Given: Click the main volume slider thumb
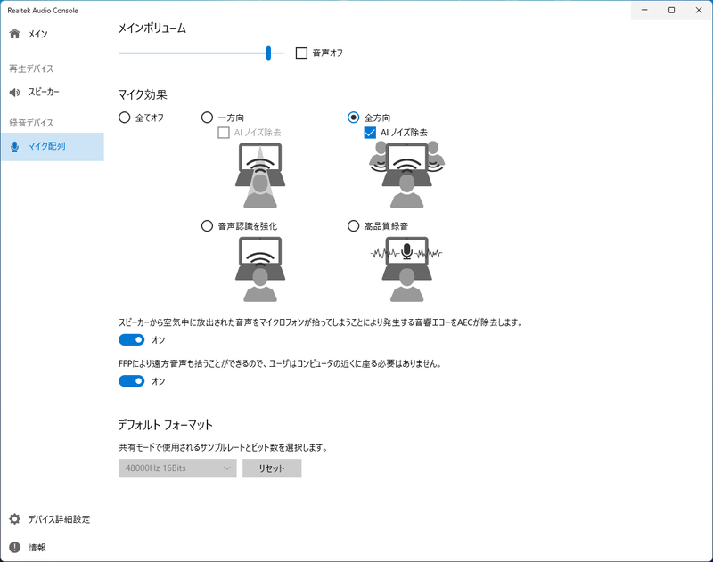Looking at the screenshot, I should click(x=268, y=53).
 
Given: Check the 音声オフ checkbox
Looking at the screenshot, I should click(x=301, y=53).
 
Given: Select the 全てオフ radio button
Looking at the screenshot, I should click(x=124, y=117).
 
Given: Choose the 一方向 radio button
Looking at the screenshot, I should click(x=208, y=117).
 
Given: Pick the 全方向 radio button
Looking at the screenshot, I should click(x=354, y=117).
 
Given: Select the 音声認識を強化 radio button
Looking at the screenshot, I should click(x=208, y=226).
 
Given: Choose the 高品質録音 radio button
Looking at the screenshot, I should click(x=354, y=226).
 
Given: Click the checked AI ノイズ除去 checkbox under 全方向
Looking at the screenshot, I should click(x=371, y=133).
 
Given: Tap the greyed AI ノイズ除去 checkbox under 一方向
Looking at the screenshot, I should click(x=225, y=133).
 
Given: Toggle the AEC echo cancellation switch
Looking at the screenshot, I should click(x=132, y=339).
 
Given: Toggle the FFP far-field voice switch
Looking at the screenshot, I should click(x=132, y=381).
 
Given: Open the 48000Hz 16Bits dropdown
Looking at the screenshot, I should click(x=177, y=468).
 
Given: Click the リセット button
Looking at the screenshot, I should click(x=271, y=468).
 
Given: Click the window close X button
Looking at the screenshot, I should click(x=696, y=10).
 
